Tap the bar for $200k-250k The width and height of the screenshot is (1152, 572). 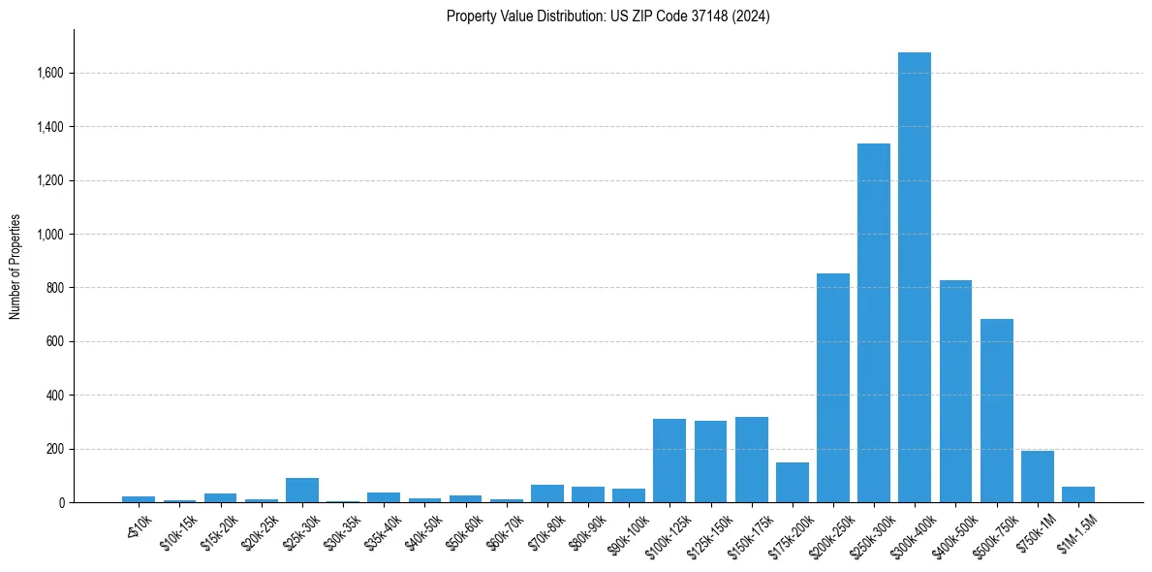point(832,388)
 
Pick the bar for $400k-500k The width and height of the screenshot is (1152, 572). point(955,392)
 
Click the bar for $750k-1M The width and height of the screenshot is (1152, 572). point(1037,477)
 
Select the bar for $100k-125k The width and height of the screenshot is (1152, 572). point(669,461)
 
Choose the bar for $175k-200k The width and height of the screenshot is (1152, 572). point(792,483)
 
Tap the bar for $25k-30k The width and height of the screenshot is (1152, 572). point(301,491)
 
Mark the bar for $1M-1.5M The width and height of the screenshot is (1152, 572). point(1077,494)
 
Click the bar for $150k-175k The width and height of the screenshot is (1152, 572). point(751,460)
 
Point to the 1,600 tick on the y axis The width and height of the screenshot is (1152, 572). point(51,73)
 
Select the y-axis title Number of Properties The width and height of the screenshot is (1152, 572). point(15,266)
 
